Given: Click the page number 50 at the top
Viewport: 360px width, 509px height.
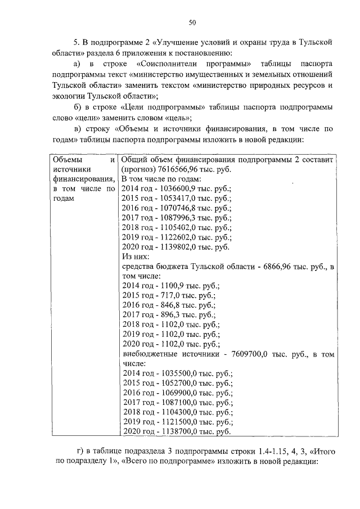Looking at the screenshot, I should tap(191, 22).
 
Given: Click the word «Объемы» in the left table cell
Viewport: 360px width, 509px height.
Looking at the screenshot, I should tap(66, 160).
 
